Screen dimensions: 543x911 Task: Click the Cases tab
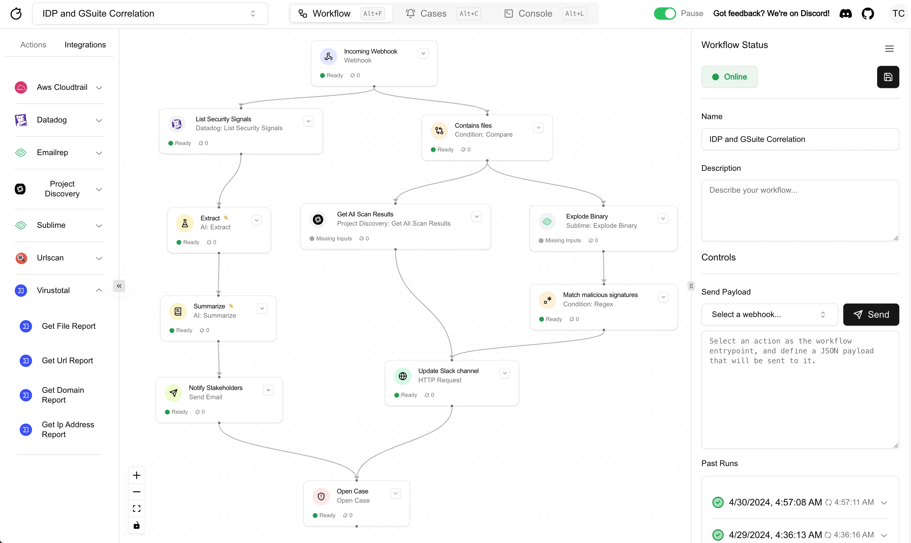pos(433,14)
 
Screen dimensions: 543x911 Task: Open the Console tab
pos(535,14)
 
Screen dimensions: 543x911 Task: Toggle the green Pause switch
pos(664,14)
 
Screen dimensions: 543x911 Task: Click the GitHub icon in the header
pos(868,14)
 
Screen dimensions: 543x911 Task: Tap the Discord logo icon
pos(845,14)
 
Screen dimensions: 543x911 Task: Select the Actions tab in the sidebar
pos(33,45)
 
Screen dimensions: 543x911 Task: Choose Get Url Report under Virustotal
pos(67,361)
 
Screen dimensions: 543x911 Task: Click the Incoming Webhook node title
pos(370,51)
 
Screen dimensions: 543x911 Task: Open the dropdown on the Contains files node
pos(538,128)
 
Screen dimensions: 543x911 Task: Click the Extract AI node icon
pos(185,223)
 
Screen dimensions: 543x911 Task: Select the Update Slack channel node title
pos(448,371)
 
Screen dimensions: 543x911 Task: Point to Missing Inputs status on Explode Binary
pos(563,240)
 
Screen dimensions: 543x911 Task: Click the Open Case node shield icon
pos(321,496)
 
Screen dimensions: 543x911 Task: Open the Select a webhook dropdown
pos(769,315)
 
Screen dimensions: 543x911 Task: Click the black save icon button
pos(888,77)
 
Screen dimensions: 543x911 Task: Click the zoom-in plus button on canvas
pos(136,475)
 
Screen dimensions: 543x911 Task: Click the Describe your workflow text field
pos(800,210)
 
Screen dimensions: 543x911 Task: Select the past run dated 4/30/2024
pos(775,502)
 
